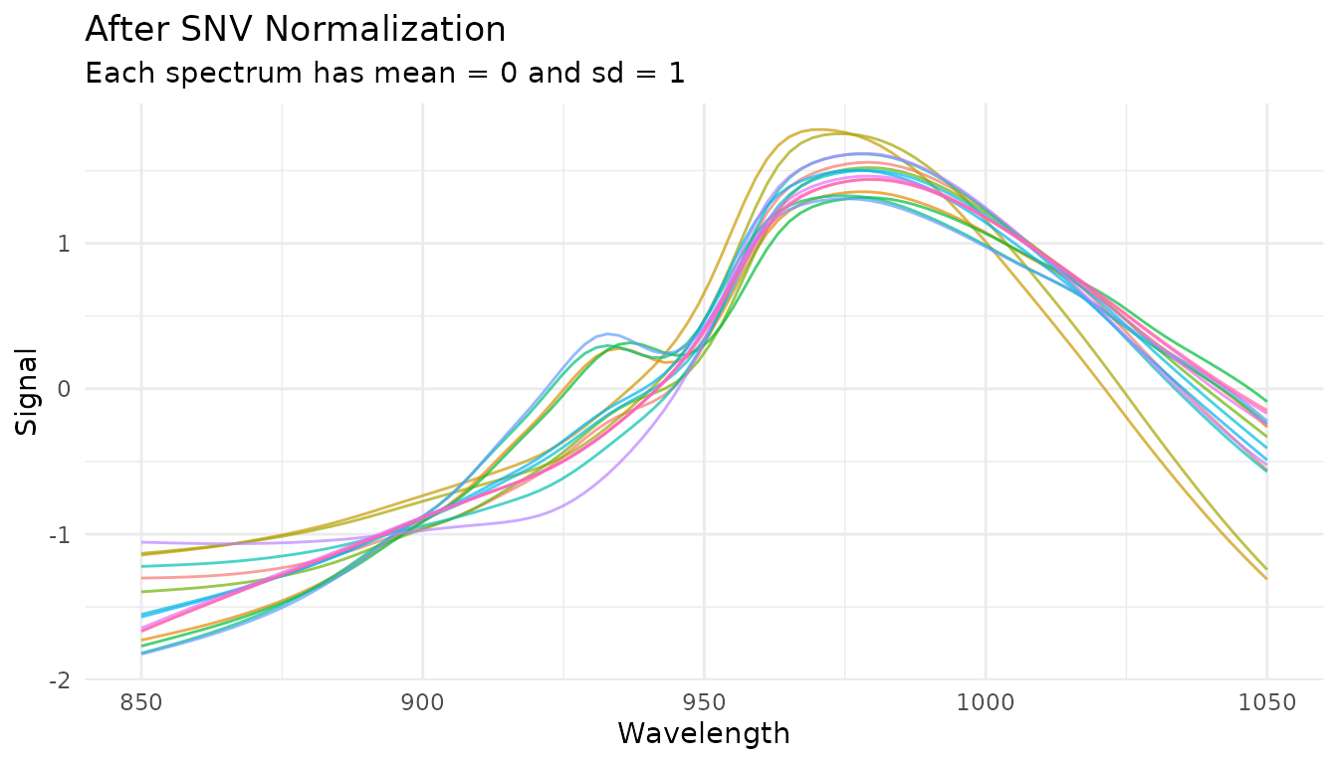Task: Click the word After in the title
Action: point(123,29)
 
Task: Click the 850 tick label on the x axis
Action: point(141,703)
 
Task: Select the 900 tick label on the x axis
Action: point(423,703)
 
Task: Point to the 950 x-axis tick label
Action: point(705,703)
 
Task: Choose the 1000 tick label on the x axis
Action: point(986,703)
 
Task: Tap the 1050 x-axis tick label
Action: point(1267,703)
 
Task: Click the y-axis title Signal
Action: point(28,390)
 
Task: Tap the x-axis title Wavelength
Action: point(704,734)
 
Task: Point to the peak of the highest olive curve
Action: point(816,129)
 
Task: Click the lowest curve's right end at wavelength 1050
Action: point(1266,579)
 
